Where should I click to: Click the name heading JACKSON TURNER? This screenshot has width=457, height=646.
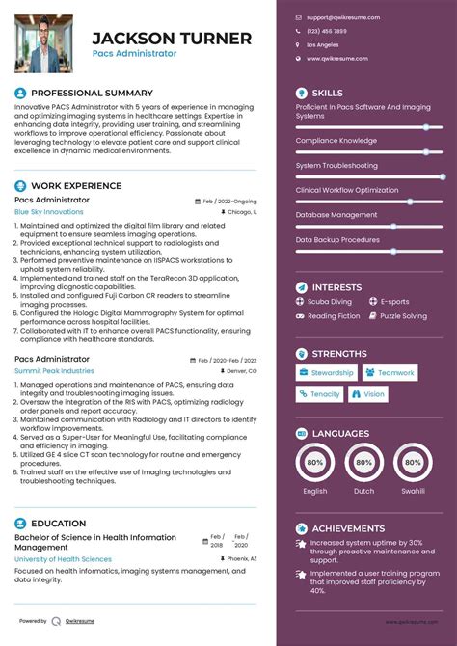(x=172, y=39)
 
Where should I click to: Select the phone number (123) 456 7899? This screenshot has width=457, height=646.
(x=327, y=31)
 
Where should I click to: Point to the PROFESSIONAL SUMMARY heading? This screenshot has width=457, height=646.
(x=92, y=93)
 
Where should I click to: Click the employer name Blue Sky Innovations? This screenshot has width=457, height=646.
(x=49, y=211)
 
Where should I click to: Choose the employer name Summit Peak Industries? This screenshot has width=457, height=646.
(x=54, y=370)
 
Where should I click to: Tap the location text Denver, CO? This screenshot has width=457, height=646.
(x=240, y=371)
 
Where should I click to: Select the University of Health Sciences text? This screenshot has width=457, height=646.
(x=63, y=559)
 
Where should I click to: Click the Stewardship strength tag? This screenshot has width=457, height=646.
(x=327, y=373)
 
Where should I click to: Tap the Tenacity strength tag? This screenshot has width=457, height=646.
(x=319, y=394)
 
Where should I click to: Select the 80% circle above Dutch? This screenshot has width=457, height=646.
(x=364, y=463)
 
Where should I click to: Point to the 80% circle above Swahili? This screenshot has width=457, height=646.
(x=414, y=463)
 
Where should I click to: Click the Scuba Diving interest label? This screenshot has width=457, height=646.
(x=329, y=302)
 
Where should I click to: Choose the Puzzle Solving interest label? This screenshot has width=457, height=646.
(x=403, y=316)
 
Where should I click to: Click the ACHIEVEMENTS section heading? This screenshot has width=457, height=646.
(x=348, y=528)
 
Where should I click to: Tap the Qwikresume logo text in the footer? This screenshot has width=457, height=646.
(x=82, y=621)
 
